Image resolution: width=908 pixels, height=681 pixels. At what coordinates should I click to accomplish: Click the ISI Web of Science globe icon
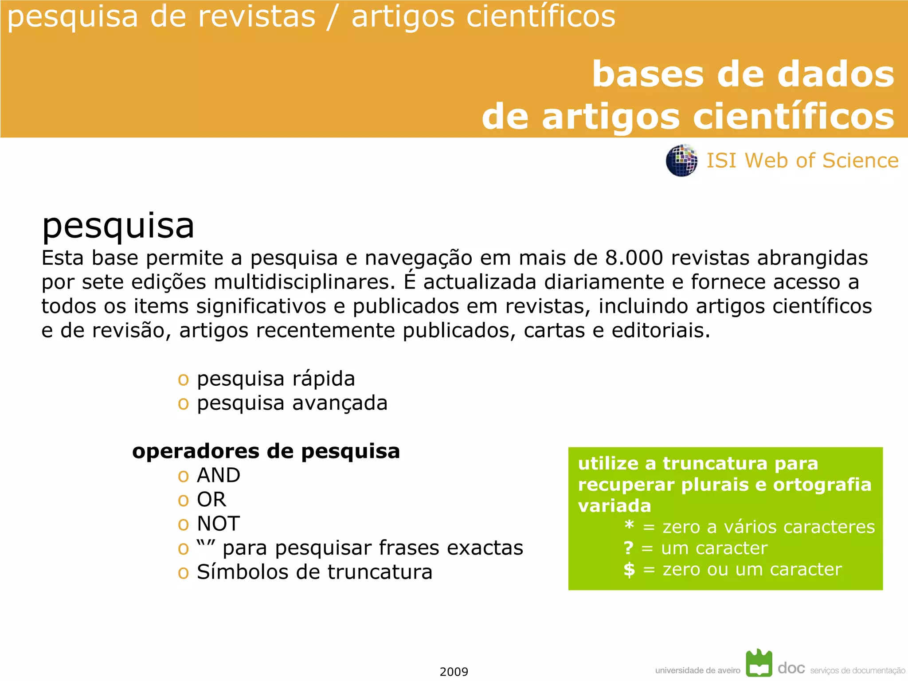(x=681, y=160)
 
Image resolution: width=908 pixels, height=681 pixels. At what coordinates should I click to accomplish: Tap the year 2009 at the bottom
(x=454, y=672)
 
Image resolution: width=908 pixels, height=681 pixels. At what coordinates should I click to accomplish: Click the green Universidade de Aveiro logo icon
(x=759, y=663)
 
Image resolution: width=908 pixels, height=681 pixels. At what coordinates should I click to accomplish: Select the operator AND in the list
(x=219, y=475)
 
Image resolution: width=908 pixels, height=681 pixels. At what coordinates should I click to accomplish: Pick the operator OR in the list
(x=211, y=500)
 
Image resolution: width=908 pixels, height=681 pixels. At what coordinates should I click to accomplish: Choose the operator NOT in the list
(x=219, y=524)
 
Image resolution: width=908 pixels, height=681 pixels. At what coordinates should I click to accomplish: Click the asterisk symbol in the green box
(x=629, y=526)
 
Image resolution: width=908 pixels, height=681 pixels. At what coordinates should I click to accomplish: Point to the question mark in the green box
(x=629, y=548)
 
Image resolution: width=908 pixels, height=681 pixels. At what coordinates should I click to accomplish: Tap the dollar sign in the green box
(x=629, y=569)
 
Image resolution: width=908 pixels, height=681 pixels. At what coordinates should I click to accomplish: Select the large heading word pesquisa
(x=118, y=226)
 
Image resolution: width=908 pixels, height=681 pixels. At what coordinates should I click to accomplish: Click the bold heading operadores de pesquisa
(x=266, y=451)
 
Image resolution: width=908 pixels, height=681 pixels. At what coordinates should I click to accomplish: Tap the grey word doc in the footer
(x=791, y=668)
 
